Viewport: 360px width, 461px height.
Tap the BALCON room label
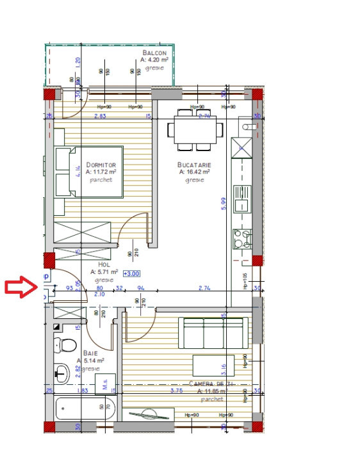pyautogui.click(x=154, y=53)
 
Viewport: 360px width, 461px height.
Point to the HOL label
pyautogui.click(x=104, y=264)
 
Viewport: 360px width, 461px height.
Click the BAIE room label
pyautogui.click(x=90, y=353)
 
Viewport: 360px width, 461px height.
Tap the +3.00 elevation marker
pyautogui.click(x=131, y=273)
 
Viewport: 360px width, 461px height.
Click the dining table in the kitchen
pyautogui.click(x=195, y=129)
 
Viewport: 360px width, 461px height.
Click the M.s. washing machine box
pyautogui.click(x=104, y=385)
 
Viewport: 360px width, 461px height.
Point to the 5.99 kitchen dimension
pyautogui.click(x=223, y=203)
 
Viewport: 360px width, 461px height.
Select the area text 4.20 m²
pyautogui.click(x=154, y=60)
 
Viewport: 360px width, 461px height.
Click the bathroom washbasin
pyautogui.click(x=63, y=373)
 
